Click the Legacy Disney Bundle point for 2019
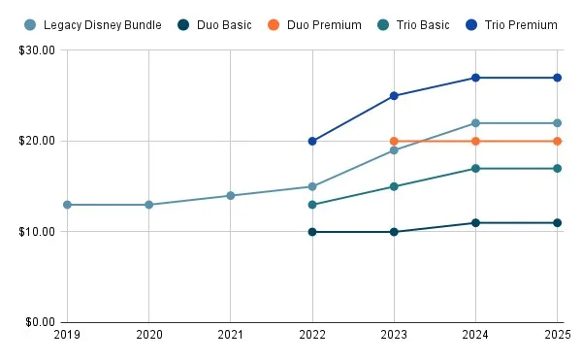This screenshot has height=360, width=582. pos(67,205)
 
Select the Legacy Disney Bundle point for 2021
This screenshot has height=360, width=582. pos(230,195)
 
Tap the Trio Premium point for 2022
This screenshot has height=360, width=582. pos(312,141)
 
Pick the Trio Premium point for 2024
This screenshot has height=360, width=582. pos(475,78)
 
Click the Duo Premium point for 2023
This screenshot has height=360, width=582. pos(394,141)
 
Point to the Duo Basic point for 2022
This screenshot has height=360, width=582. pos(312,232)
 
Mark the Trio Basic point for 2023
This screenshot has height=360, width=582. pos(394,186)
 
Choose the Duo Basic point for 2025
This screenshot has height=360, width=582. pos(558,222)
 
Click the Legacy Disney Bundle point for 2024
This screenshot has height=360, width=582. pos(475,123)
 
